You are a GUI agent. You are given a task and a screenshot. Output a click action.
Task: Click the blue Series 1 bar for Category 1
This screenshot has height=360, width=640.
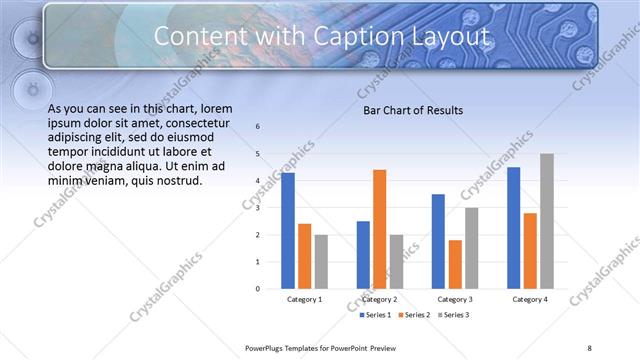288,230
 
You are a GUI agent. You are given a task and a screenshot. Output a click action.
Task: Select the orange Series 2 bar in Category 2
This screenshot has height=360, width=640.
379,229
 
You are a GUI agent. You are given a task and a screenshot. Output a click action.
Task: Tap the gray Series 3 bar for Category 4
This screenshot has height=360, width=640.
546,221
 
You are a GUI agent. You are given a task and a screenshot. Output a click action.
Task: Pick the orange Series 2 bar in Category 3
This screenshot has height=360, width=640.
455,264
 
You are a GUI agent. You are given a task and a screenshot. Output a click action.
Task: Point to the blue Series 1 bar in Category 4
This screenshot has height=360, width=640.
514,228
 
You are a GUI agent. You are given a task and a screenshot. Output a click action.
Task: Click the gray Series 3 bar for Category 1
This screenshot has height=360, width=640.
320,262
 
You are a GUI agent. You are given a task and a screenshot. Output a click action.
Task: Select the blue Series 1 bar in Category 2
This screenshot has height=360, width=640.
363,255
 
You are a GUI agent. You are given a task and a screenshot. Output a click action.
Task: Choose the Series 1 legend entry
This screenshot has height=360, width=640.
375,315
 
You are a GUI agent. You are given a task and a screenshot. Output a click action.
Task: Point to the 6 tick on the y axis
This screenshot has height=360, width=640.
258,127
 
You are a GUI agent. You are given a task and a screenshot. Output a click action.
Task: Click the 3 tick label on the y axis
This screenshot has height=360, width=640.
258,208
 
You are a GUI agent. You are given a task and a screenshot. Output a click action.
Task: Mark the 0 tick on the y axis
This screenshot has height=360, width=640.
258,289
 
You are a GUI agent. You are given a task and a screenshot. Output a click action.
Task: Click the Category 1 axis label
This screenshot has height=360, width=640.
304,299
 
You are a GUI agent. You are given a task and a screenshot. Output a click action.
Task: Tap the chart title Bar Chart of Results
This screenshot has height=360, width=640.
412,111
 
